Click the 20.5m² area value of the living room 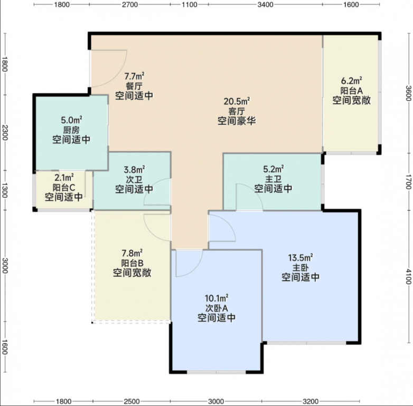(x=237, y=101)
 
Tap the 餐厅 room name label (x=134, y=86)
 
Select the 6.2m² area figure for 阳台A (x=351, y=81)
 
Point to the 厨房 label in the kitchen (x=71, y=130)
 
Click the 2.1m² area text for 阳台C (x=64, y=178)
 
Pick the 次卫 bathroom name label (x=134, y=180)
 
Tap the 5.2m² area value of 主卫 (x=274, y=169)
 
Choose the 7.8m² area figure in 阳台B (x=132, y=253)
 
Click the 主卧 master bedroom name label (x=301, y=268)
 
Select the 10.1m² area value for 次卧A (x=217, y=298)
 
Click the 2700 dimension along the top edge (x=130, y=5)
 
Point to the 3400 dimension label (x=265, y=5)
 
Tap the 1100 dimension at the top (x=190, y=5)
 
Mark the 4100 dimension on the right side (x=408, y=277)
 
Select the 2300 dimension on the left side (x=5, y=132)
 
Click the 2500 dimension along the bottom (x=132, y=402)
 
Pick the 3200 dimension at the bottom (x=311, y=402)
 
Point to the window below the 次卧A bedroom (x=216, y=372)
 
